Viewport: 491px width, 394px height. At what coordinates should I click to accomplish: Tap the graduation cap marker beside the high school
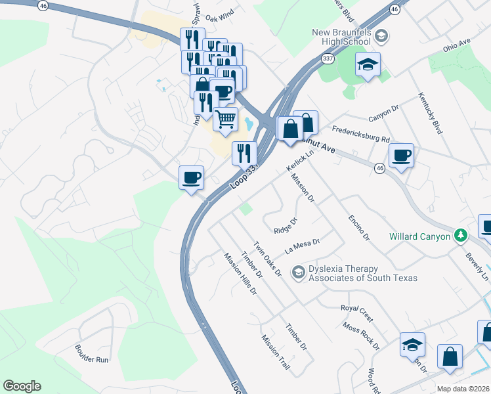click(x=368, y=65)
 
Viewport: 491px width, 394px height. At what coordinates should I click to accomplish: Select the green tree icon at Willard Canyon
click(x=461, y=236)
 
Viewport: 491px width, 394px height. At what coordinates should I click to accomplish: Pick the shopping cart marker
click(x=225, y=120)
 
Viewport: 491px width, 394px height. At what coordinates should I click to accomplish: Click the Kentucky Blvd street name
click(x=431, y=113)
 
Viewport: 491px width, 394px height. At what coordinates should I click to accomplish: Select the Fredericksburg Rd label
click(x=361, y=135)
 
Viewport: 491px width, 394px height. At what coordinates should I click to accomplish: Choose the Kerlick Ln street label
click(x=297, y=162)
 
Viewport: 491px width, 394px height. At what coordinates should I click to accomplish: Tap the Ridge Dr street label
click(x=286, y=227)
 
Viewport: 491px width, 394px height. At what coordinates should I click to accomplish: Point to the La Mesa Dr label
click(x=301, y=246)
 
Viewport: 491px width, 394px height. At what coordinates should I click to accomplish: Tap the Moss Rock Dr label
click(x=360, y=335)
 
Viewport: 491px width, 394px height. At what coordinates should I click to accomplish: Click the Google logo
click(x=22, y=386)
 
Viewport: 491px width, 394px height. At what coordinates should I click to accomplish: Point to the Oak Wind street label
click(x=219, y=16)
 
